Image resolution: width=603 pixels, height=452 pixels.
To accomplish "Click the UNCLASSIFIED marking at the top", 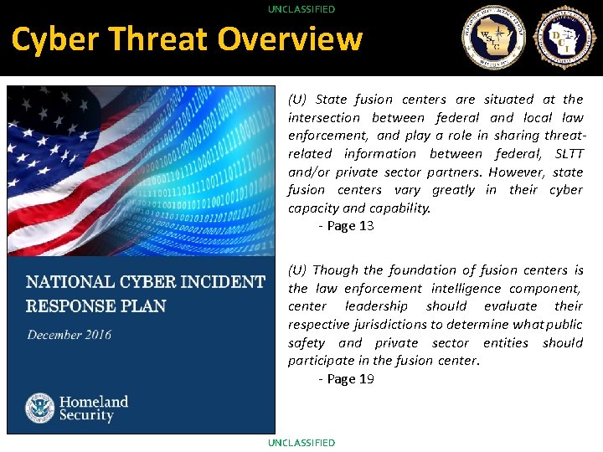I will click(301, 8).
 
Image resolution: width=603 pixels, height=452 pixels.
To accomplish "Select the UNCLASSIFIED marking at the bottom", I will click(301, 442).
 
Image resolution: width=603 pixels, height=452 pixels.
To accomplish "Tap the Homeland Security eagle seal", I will click(40, 408).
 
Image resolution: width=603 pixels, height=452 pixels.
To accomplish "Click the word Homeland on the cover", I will click(93, 402).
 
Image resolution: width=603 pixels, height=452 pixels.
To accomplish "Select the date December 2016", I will click(69, 335).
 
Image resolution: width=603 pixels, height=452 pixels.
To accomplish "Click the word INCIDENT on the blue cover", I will click(219, 282).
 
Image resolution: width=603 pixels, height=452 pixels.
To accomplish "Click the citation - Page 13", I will click(346, 226).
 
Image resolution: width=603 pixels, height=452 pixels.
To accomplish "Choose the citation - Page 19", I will click(346, 379).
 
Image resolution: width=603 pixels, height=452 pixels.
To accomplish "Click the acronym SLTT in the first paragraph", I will click(569, 154).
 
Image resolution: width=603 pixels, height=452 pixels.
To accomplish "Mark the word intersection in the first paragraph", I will click(324, 118).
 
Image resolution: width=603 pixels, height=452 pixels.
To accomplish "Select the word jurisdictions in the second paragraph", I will click(387, 325).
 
